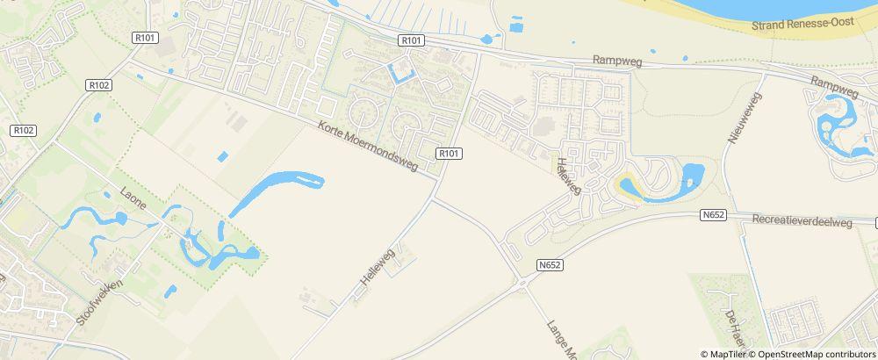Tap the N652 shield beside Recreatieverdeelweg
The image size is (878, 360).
713,213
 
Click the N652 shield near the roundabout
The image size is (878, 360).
550,263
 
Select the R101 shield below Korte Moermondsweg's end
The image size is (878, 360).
449,155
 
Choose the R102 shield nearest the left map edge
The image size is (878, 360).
23,130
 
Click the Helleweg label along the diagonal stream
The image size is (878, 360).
378,270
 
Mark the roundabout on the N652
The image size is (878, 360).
522,282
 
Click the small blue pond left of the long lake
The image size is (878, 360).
222,157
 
